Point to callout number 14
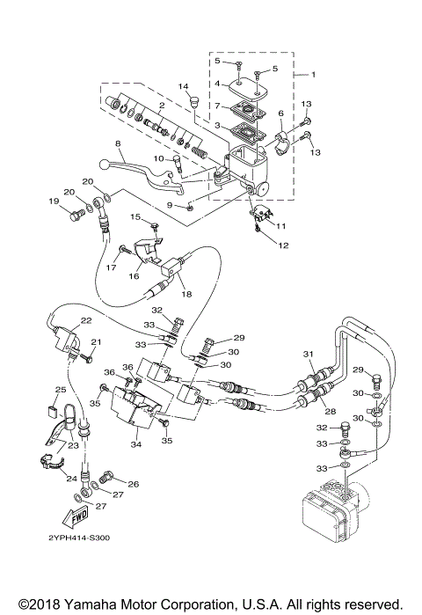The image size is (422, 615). pos(185,86)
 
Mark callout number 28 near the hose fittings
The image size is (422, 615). pos(331,412)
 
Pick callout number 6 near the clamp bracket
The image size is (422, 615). pos(281,113)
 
